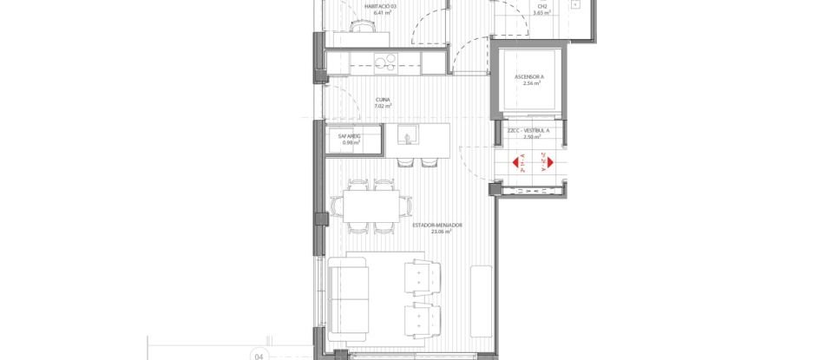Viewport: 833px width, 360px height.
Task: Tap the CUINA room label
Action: point(383,99)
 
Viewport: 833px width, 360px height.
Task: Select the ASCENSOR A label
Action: point(528,77)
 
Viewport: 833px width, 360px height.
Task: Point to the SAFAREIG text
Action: point(349,136)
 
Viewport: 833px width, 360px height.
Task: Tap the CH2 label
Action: point(538,6)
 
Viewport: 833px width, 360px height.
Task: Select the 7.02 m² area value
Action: point(383,106)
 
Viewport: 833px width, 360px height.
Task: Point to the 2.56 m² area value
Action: point(528,84)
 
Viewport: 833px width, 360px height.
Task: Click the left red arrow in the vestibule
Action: point(518,162)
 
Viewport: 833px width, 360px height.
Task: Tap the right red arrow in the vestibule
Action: point(547,162)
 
